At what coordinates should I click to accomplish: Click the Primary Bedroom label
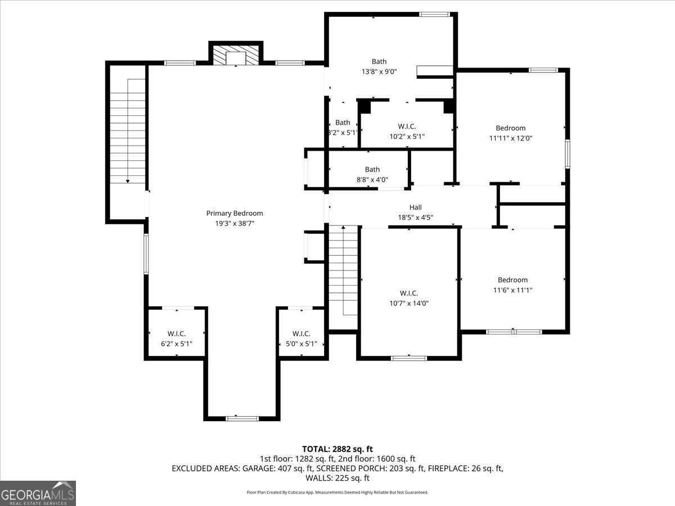tap(235, 213)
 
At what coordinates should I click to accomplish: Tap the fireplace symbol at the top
tap(236, 56)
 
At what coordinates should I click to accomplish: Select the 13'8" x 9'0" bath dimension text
tap(379, 72)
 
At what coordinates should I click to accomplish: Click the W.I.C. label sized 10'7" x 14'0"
tap(408, 293)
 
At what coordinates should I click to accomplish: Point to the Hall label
tap(415, 207)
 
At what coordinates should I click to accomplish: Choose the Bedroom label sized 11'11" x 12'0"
tap(510, 128)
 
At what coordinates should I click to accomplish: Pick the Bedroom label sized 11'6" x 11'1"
tap(512, 280)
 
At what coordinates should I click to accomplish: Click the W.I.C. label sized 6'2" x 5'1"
tap(177, 333)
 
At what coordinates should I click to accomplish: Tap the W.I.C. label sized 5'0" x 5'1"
tap(301, 333)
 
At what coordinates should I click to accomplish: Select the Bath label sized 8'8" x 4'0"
tap(372, 169)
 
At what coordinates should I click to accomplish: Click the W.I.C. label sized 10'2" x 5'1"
tap(406, 126)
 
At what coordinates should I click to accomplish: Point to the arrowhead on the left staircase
tap(128, 180)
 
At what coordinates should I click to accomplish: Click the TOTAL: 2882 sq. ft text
tap(337, 449)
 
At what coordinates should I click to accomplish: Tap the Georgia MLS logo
tap(38, 493)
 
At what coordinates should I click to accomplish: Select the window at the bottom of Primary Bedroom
tap(242, 418)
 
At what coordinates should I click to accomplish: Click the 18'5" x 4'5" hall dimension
tap(415, 218)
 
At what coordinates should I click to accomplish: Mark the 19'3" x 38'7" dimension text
tap(235, 223)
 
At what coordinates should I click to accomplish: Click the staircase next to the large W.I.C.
tap(343, 270)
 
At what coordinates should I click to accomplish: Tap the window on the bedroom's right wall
tap(568, 153)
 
